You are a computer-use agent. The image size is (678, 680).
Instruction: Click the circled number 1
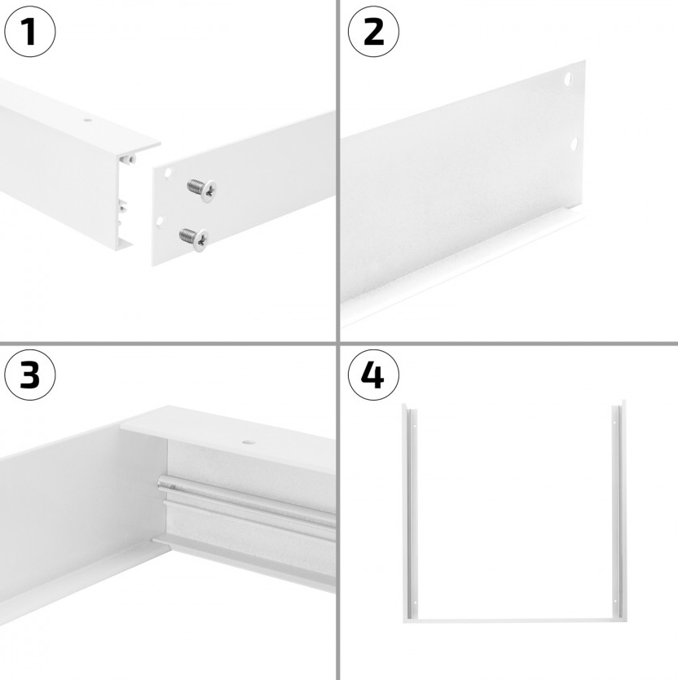coord(30,31)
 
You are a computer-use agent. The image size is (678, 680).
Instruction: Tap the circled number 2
coord(373,31)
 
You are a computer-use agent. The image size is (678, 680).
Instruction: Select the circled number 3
coord(30,375)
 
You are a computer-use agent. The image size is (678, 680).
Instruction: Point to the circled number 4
coord(373,375)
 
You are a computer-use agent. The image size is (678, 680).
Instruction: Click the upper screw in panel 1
coord(202,190)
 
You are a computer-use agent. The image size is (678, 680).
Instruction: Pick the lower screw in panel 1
coord(194,239)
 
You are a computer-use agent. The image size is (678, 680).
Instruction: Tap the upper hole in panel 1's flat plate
coord(168,173)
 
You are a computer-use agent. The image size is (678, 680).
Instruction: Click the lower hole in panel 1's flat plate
coord(160,222)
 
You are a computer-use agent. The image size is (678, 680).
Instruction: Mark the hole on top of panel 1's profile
coord(88,120)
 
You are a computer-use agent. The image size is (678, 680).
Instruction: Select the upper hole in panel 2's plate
coord(568,79)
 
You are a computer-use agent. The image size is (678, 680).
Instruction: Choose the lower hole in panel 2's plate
coord(574,144)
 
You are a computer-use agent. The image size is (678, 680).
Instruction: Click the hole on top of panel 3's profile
coord(249,442)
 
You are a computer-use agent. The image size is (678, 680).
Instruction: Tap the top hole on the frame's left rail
coord(414,426)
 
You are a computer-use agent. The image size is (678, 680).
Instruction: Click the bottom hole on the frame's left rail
coord(414,602)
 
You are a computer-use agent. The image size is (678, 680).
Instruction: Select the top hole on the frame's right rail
coord(614,423)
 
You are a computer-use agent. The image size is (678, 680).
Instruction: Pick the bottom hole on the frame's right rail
coord(614,601)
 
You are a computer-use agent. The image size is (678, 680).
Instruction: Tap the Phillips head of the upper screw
coord(209,191)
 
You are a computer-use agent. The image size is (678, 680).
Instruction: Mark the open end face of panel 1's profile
coord(125,200)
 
